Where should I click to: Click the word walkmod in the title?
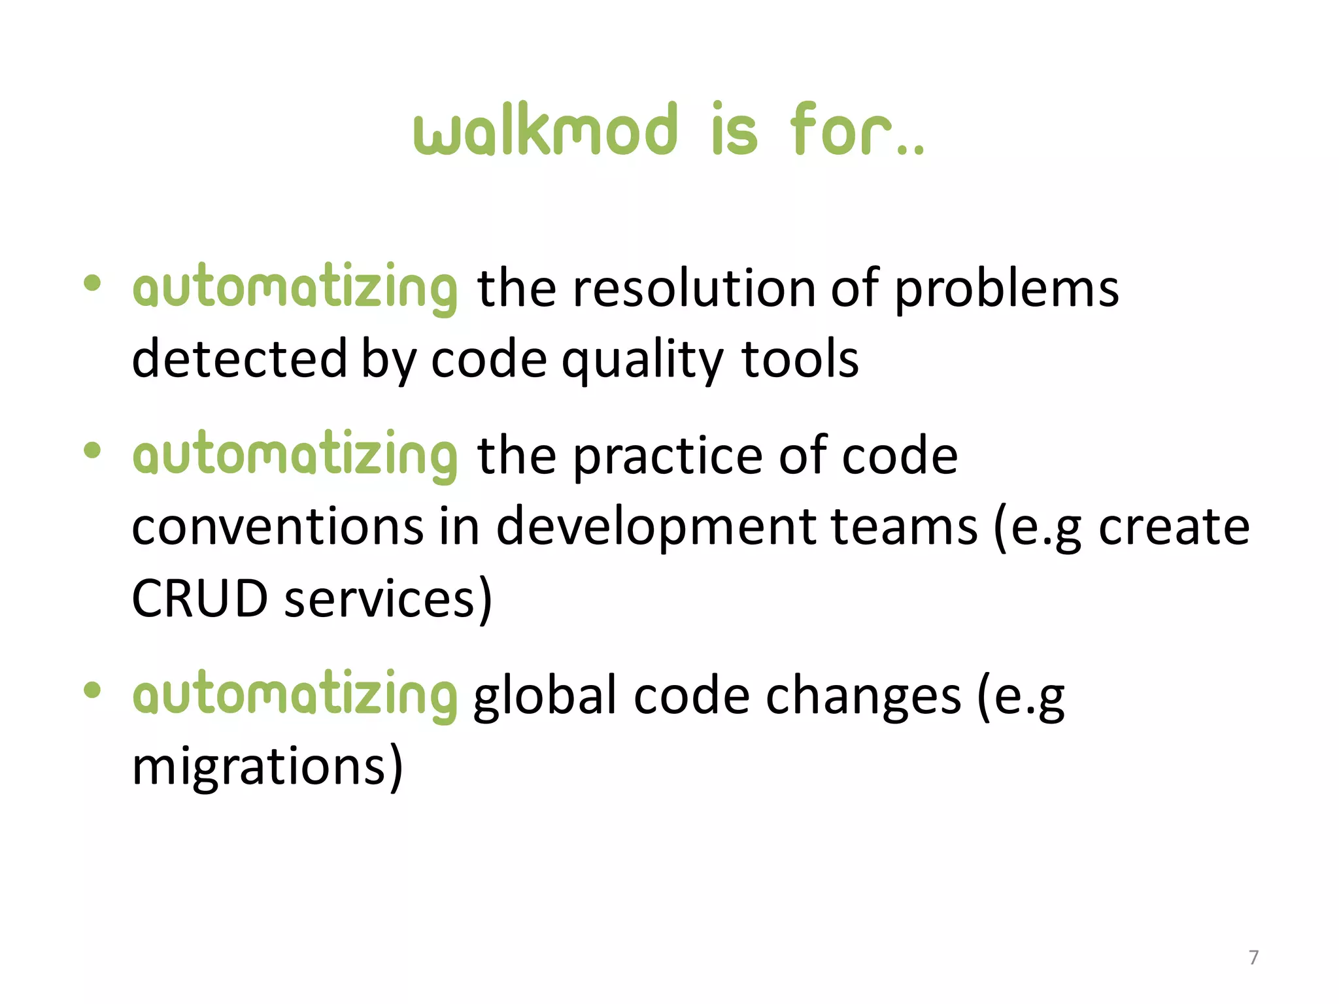click(x=545, y=130)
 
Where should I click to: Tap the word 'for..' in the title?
click(x=856, y=130)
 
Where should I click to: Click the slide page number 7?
click(x=1253, y=957)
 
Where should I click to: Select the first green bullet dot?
click(x=92, y=283)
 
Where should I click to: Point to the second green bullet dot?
click(x=92, y=450)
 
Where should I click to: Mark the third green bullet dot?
click(x=92, y=690)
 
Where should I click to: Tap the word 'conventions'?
click(x=278, y=527)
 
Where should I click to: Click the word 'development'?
click(x=656, y=528)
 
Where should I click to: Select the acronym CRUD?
click(x=199, y=598)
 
